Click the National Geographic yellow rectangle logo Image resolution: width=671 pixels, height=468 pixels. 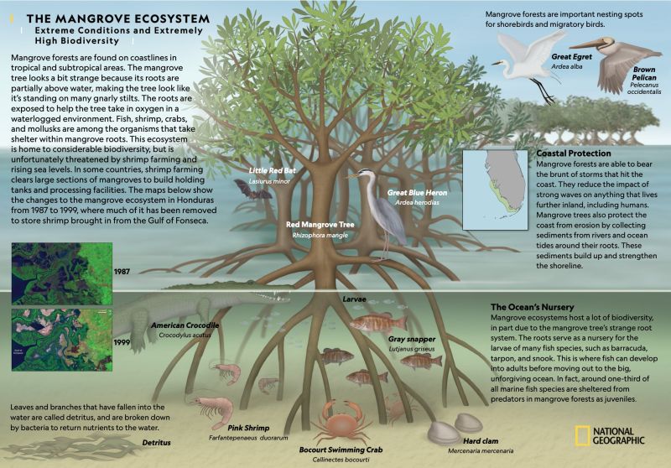pos(581,435)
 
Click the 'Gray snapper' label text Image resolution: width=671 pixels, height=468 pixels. pos(412,340)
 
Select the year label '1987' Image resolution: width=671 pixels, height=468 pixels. pos(122,273)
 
